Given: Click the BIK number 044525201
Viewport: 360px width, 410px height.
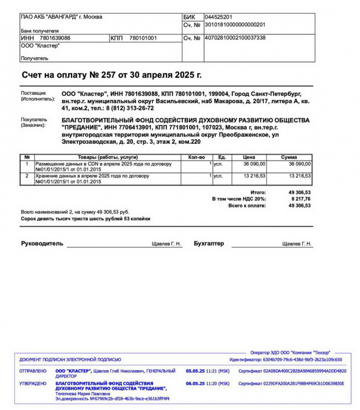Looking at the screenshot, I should [219, 17].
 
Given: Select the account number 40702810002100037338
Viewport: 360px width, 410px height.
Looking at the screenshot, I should [235, 38].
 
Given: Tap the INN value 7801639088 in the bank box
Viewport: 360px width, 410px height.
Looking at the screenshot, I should [55, 38].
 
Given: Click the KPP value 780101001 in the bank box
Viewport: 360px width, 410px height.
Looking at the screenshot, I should [143, 38].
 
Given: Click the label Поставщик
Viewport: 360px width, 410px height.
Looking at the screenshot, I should [34, 93].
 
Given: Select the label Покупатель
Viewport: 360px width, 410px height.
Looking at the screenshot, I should [34, 119].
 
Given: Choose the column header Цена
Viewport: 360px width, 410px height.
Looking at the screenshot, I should [249, 157].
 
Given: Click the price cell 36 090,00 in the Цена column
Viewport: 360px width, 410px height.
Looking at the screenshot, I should [254, 163].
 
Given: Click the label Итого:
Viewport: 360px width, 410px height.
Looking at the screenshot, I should [258, 192].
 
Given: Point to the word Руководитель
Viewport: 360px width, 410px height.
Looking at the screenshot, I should [42, 243].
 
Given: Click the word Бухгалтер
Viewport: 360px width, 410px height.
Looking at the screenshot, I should [209, 243].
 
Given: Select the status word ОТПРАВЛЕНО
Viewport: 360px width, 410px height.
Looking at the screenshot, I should [33, 371].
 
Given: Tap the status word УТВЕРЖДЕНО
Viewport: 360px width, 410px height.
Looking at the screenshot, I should [33, 384].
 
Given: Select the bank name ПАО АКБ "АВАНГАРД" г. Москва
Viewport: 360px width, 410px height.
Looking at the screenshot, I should [61, 17].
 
